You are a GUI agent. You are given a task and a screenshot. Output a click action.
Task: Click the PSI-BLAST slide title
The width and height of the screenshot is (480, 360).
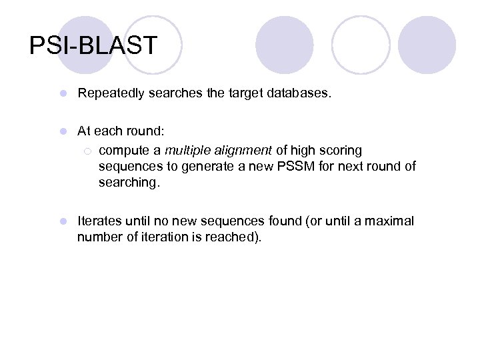93,45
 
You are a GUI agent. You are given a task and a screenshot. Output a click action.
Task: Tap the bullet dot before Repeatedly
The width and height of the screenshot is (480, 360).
62,94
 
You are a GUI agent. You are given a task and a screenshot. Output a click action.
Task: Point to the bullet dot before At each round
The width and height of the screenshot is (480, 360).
62,131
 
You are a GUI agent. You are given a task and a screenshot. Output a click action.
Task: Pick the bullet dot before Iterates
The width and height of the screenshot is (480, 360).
62,221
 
